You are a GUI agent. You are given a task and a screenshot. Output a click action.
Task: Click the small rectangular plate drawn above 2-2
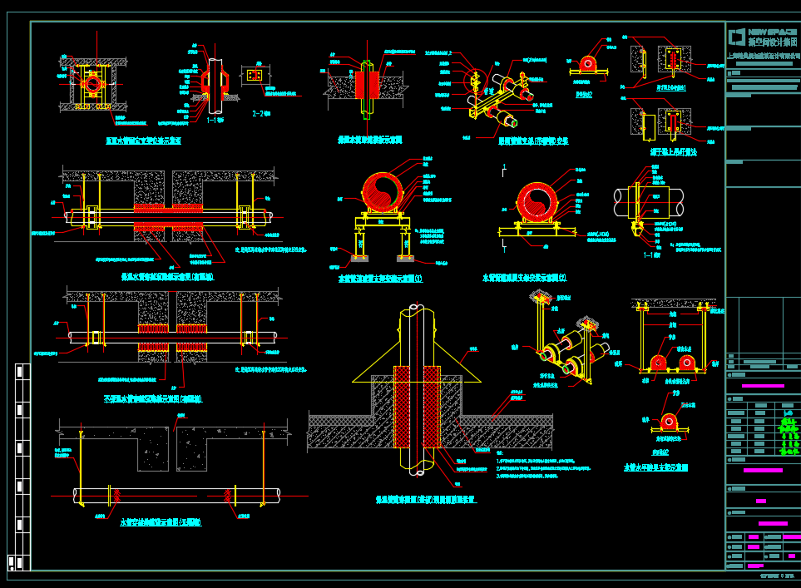click(255, 76)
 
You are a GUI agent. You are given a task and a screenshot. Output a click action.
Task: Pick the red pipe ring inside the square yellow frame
click(90, 84)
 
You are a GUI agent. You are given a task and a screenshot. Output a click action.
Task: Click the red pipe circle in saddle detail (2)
click(541, 201)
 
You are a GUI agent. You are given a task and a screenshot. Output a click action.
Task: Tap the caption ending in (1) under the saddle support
click(379, 279)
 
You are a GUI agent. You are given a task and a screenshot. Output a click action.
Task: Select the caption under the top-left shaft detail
click(143, 141)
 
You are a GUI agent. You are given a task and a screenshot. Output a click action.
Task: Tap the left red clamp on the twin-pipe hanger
click(658, 363)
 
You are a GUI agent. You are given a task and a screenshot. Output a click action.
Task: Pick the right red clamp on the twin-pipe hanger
click(687, 363)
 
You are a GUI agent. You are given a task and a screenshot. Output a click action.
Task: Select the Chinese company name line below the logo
click(763, 55)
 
